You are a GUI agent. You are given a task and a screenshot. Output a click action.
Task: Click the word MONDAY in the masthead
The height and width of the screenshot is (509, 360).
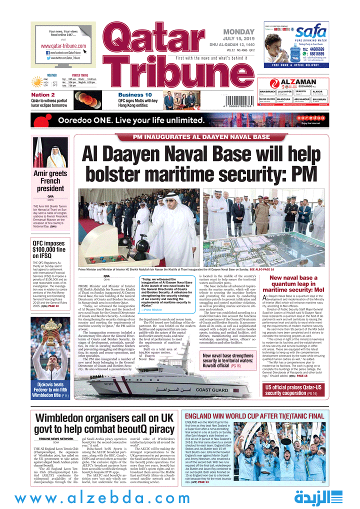239,32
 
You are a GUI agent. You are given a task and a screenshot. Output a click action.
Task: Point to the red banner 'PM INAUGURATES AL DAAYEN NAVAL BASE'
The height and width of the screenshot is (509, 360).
201,137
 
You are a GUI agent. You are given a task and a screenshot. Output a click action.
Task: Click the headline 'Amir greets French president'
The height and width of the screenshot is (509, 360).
50,181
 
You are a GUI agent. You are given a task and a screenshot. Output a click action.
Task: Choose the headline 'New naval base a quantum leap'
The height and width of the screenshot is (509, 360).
293,283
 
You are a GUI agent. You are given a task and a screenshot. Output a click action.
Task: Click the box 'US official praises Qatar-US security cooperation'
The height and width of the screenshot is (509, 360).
294,390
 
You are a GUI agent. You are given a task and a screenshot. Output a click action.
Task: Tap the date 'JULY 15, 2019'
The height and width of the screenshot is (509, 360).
238,39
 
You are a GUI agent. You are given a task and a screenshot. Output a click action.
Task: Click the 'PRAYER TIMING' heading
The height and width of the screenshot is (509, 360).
80,75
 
